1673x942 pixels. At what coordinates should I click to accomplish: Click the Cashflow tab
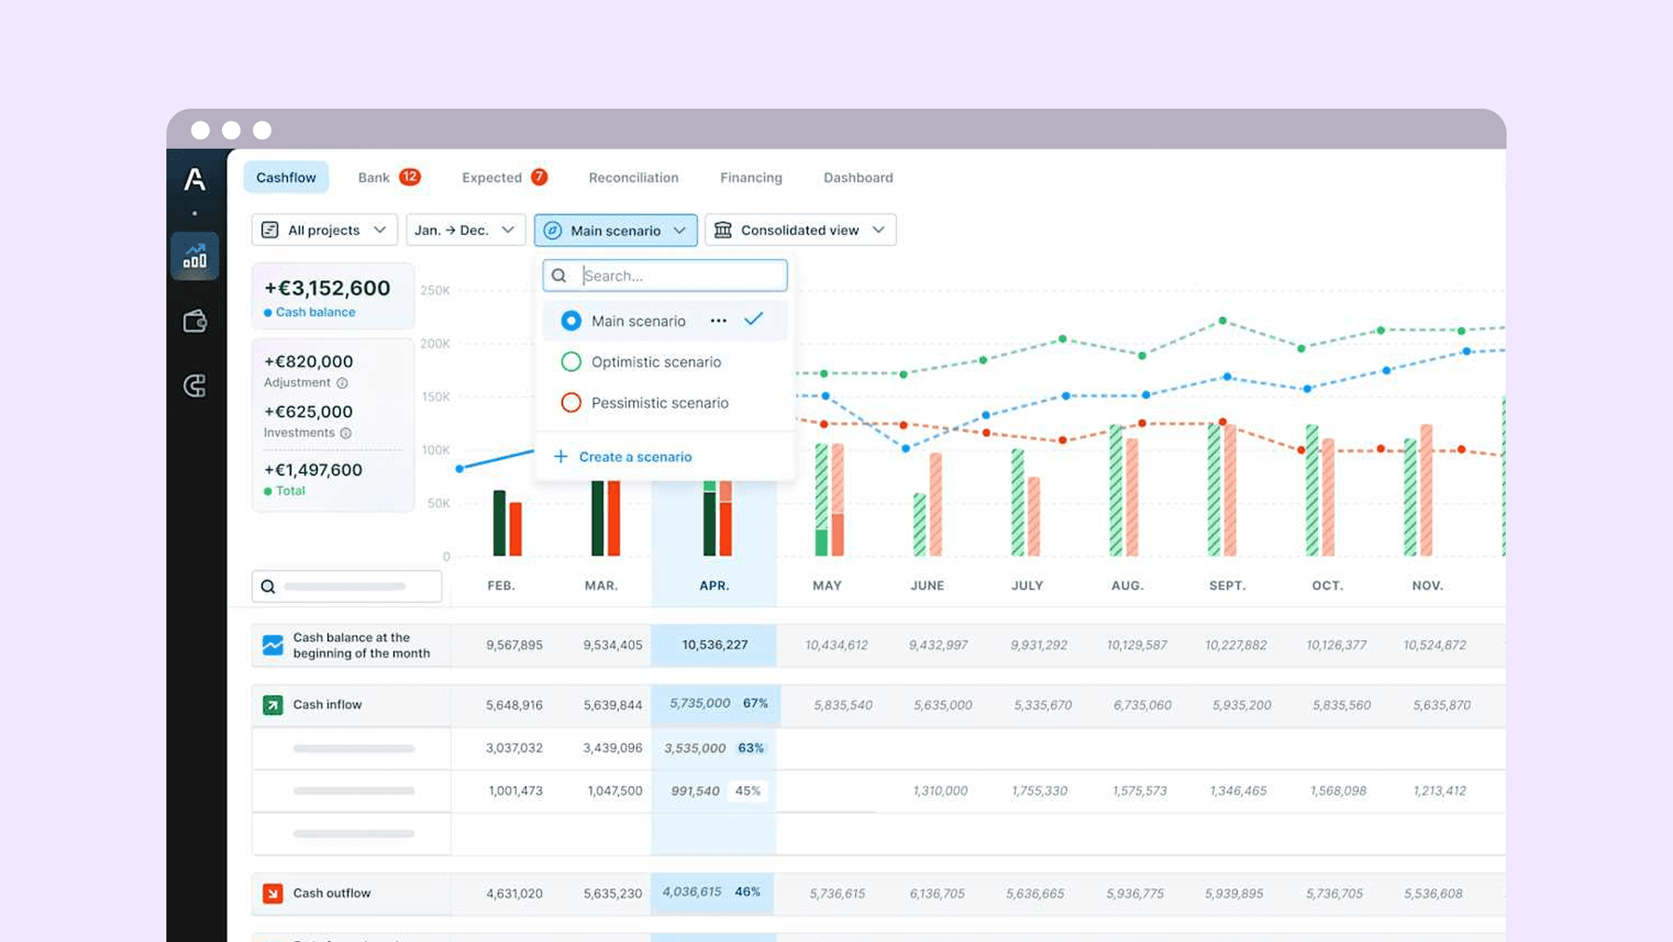(x=286, y=177)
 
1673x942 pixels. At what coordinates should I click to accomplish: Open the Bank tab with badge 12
(x=389, y=177)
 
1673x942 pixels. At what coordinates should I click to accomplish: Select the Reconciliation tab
(x=633, y=177)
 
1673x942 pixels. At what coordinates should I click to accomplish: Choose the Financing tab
(x=751, y=177)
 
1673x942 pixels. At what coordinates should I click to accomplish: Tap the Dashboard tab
(x=858, y=177)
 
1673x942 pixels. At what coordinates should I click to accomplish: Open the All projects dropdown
(x=324, y=230)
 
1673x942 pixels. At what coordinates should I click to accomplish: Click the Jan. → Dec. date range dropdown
(x=466, y=230)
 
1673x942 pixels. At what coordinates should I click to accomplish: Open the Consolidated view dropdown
(x=800, y=230)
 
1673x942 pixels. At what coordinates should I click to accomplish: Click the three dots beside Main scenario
(x=718, y=321)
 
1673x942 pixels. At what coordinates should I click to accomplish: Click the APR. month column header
(x=714, y=585)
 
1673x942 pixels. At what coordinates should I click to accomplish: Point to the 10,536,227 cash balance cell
(x=715, y=645)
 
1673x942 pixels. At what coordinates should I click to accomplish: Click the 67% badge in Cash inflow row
(x=756, y=703)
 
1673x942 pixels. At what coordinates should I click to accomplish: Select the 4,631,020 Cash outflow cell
(x=514, y=894)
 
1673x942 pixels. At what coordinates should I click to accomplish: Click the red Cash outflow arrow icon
(x=272, y=894)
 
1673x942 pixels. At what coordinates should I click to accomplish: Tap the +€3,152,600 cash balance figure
(x=327, y=288)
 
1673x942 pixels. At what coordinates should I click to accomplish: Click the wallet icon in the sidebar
(x=195, y=321)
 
